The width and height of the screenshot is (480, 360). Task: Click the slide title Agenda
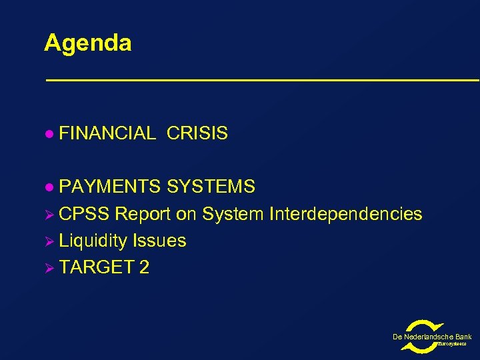(x=87, y=43)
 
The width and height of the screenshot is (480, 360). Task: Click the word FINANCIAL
(x=107, y=134)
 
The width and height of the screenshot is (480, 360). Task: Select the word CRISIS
(x=197, y=134)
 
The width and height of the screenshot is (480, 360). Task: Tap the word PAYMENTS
(x=110, y=187)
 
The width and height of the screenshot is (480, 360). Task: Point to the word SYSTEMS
(x=211, y=187)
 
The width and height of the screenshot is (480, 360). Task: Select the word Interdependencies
(x=345, y=214)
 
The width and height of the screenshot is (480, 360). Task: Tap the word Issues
(x=159, y=241)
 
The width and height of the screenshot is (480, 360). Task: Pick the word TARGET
(x=96, y=267)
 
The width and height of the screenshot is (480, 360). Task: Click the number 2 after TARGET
(x=144, y=267)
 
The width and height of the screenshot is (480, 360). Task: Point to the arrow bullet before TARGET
(x=49, y=268)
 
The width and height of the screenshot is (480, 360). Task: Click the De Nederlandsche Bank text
(x=432, y=337)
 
